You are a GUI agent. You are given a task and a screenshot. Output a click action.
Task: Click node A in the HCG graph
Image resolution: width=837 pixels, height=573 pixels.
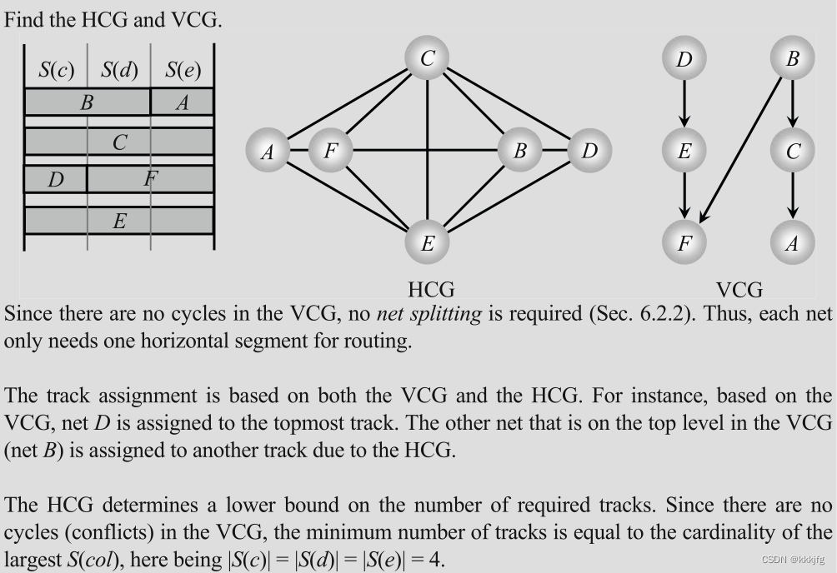[268, 151]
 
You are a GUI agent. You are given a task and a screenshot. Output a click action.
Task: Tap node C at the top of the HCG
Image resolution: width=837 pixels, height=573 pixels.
[427, 58]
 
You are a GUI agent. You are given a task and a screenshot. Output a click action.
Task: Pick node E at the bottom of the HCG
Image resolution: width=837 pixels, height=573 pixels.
[427, 243]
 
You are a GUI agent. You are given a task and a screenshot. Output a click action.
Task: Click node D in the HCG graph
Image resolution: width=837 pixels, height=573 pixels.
[589, 151]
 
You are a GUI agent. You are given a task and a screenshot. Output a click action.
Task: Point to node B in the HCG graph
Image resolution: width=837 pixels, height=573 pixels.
[519, 151]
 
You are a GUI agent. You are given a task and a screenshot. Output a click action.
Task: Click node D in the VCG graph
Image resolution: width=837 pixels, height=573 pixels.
[684, 58]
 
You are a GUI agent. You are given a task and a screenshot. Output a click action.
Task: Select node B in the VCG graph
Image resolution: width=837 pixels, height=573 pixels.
[793, 58]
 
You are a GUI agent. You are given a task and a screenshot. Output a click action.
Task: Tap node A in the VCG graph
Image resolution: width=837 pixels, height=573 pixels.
[793, 242]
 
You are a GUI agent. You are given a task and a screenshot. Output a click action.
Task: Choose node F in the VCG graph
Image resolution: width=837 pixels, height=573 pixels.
[684, 242]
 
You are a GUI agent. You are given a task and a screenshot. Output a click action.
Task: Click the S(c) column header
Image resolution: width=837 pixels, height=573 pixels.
[56, 70]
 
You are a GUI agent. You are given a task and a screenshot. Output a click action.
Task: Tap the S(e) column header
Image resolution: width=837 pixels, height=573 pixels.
[183, 70]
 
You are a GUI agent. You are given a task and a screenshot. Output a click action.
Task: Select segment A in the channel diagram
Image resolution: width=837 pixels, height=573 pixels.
[183, 102]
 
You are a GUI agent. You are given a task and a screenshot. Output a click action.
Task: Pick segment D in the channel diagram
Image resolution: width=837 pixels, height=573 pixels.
[56, 179]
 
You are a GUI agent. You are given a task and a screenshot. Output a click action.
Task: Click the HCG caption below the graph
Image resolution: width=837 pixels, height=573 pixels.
[431, 290]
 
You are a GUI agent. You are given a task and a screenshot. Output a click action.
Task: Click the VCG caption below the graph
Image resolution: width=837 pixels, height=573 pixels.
[739, 290]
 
